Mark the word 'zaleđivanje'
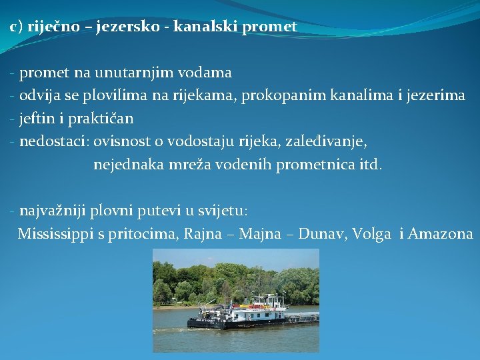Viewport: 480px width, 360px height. pos(327,141)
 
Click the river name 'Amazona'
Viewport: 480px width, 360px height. pos(441,234)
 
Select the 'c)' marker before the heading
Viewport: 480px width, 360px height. pos(17,27)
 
